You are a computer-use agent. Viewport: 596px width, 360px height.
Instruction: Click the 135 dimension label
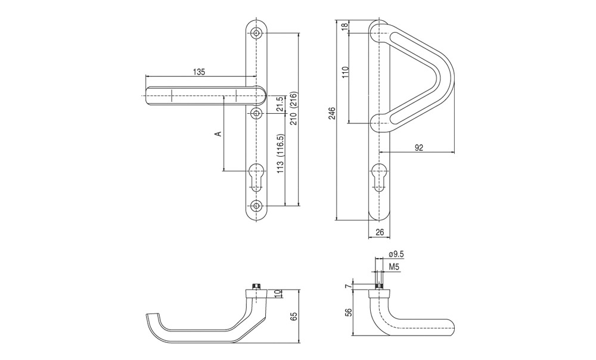[x=199, y=72]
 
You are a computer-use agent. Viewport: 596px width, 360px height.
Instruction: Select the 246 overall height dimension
[x=332, y=114]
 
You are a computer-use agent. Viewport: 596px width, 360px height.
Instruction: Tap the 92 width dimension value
[x=418, y=148]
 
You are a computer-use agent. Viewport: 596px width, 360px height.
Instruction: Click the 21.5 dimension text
[x=280, y=104]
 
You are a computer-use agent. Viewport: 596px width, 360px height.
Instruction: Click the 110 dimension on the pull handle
[x=345, y=72]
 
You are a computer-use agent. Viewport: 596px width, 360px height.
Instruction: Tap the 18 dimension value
[x=344, y=27]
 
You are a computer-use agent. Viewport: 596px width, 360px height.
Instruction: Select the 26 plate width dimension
[x=380, y=232]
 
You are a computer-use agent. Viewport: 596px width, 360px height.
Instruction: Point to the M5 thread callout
[x=394, y=267]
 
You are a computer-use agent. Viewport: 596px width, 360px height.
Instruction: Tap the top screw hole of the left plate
[x=257, y=33]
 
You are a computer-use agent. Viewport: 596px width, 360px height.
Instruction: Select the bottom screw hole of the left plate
[x=257, y=206]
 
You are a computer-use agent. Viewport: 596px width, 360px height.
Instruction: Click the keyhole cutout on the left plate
[x=257, y=176]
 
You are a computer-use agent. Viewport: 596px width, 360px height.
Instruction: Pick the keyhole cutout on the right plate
[x=378, y=176]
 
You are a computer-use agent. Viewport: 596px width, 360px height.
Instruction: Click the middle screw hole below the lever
[x=257, y=113]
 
